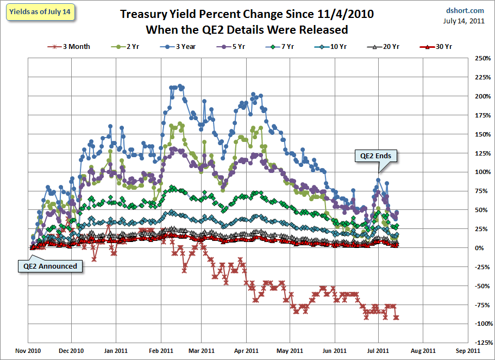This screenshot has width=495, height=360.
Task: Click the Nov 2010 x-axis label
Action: pyautogui.click(x=24, y=351)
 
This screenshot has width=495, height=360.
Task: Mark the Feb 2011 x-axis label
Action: pyautogui.click(x=160, y=351)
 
